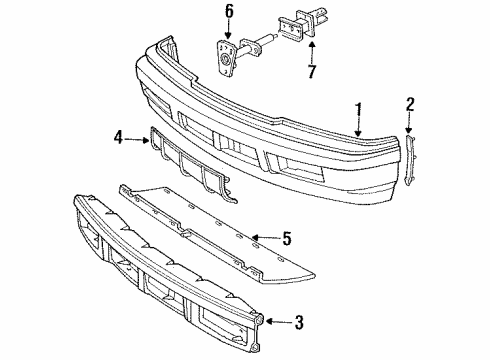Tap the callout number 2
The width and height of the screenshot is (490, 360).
pos(410,103)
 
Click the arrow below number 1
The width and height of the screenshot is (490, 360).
pos(357,127)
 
